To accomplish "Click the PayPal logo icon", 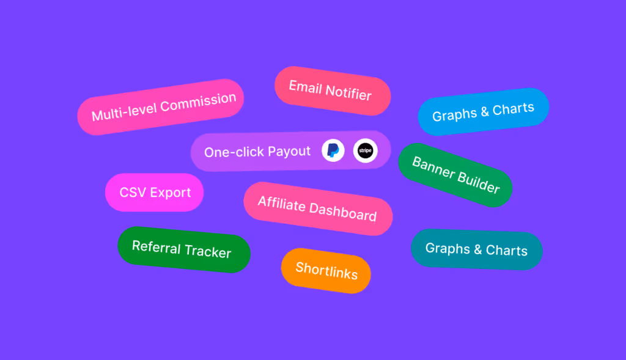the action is tap(333, 150).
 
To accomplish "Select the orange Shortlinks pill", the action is tap(326, 270).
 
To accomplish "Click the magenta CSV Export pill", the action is tap(155, 193).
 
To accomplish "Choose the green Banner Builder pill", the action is tap(455, 174).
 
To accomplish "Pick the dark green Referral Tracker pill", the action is tap(183, 249).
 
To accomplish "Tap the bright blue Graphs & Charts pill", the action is tap(483, 112).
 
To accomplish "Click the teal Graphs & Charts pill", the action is tap(476, 249).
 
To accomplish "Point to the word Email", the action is tap(305, 87).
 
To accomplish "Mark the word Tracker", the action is tap(208, 251).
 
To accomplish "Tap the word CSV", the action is tap(133, 193).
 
